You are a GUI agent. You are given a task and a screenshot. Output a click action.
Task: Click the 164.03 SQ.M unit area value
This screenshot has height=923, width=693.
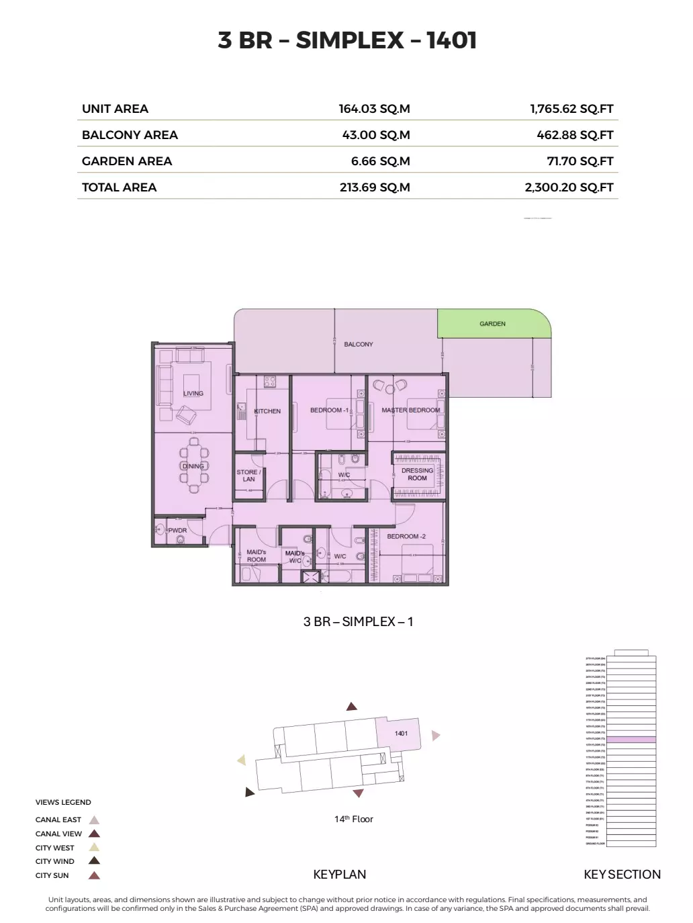(374, 109)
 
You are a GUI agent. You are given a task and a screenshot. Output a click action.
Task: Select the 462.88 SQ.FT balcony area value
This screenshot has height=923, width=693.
(575, 135)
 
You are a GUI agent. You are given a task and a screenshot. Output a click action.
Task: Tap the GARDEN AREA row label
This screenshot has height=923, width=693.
(127, 161)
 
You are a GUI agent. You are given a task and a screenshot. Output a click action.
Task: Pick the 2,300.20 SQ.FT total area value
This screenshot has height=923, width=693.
(569, 187)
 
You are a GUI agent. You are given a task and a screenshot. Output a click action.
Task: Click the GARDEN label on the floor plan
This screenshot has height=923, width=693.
(492, 324)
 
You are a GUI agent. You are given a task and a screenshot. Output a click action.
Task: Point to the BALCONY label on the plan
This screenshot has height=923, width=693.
(358, 344)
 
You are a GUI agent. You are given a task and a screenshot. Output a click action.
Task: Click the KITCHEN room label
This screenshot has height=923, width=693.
(267, 411)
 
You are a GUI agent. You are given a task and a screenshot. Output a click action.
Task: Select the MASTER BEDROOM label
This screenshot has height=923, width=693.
(410, 410)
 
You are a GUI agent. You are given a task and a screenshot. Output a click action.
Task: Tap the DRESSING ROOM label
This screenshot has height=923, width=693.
(417, 474)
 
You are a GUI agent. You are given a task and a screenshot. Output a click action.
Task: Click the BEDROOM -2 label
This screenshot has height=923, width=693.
(406, 536)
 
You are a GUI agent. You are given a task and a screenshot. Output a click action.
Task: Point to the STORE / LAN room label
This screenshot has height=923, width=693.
(248, 476)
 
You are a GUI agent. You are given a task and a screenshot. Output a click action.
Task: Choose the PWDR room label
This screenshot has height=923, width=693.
(177, 530)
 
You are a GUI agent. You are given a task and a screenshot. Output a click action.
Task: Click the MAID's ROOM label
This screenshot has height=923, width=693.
(256, 556)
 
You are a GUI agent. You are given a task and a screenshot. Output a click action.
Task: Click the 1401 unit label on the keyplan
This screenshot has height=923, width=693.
(401, 734)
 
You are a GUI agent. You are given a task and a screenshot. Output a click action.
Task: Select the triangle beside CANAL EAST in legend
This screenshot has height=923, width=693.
(95, 820)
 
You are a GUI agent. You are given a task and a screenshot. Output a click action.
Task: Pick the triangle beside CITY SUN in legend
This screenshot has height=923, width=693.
(95, 875)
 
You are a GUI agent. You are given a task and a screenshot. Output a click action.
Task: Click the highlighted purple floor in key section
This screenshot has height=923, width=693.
(631, 739)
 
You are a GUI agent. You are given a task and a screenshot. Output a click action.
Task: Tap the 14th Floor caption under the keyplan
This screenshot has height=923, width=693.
(354, 819)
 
